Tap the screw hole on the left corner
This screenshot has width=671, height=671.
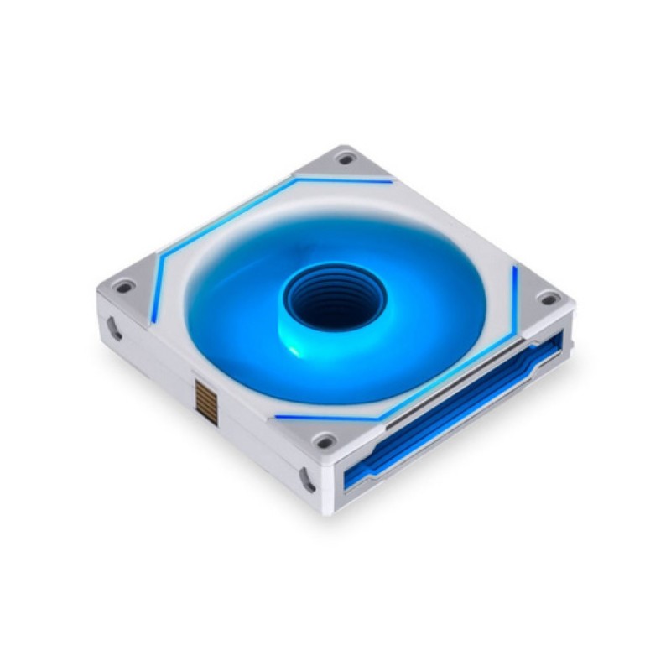pyautogui.click(x=124, y=287)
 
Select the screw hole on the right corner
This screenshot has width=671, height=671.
pyautogui.click(x=549, y=298)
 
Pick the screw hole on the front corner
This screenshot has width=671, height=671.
pyautogui.click(x=324, y=440)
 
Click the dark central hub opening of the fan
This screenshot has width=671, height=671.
pyautogui.click(x=335, y=298)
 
